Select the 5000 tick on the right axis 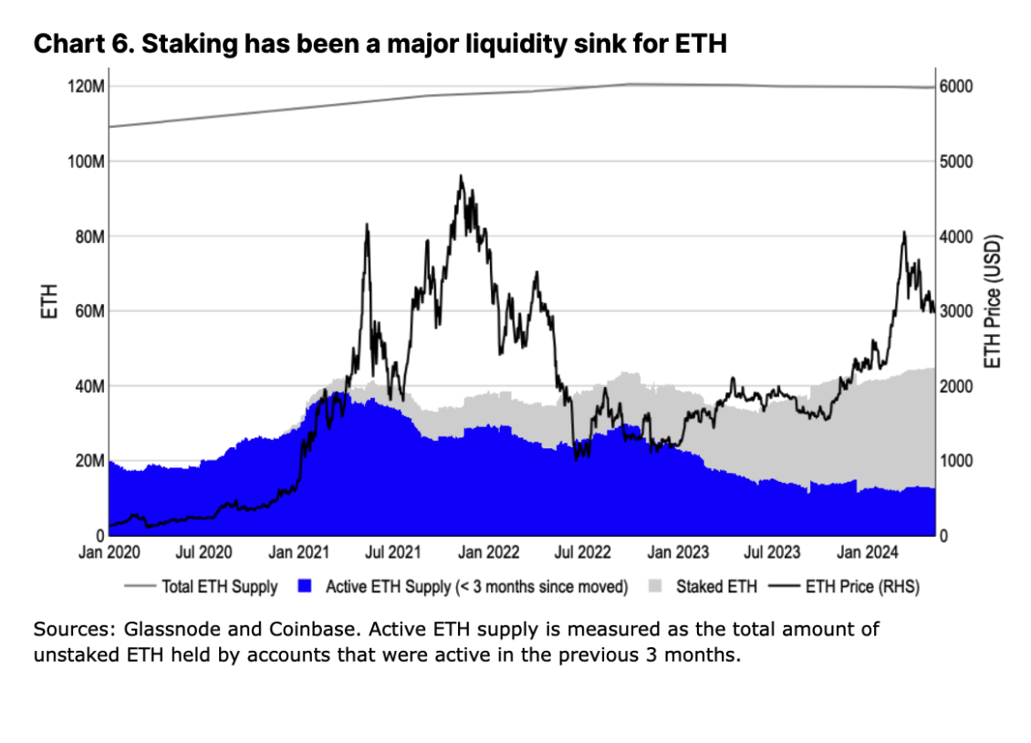(x=956, y=162)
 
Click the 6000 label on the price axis (x=956, y=87)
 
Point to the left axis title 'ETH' (x=50, y=302)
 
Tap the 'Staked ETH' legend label (x=716, y=587)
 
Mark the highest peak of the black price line (x=461, y=176)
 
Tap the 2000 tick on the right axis (x=956, y=386)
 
